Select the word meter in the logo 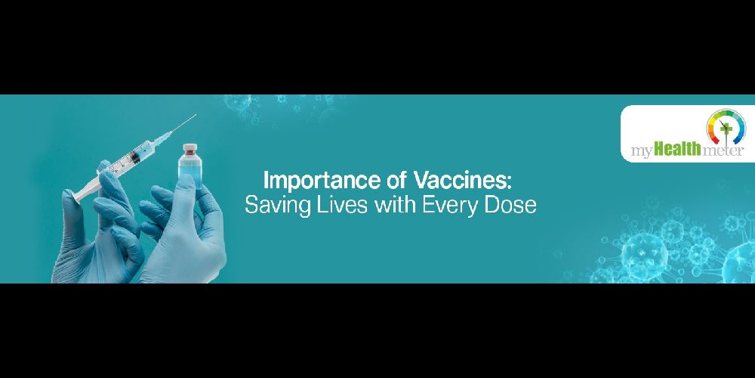click(723, 150)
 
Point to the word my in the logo click(643, 152)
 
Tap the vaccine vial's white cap click(191, 147)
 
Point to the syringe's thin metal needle click(183, 125)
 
